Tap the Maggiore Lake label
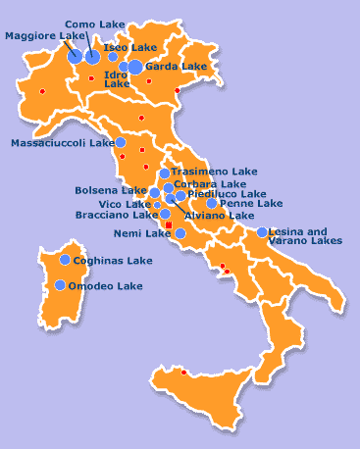(x=45, y=36)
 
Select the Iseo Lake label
(x=129, y=47)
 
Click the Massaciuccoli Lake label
(x=62, y=143)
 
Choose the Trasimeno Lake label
(x=214, y=172)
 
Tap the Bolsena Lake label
(x=111, y=190)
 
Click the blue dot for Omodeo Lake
(x=61, y=285)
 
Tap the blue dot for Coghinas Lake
(x=65, y=260)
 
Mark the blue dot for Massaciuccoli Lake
(x=121, y=142)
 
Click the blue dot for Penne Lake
(x=211, y=204)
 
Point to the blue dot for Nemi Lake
(x=180, y=233)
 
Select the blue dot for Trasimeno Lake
(x=164, y=174)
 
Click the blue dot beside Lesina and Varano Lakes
(x=262, y=232)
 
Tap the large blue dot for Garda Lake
(x=135, y=67)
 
